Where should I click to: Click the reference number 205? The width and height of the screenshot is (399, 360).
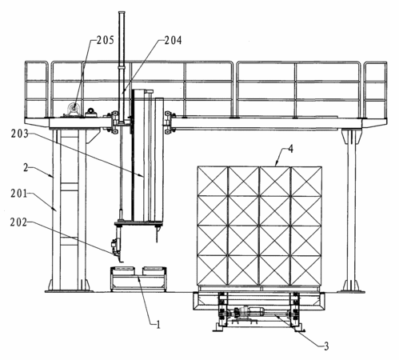click(x=105, y=40)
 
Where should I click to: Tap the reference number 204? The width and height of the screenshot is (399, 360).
click(x=173, y=40)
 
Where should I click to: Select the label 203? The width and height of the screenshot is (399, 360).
click(x=19, y=134)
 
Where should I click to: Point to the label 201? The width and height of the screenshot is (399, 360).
click(x=19, y=194)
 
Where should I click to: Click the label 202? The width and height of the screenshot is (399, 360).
click(x=18, y=222)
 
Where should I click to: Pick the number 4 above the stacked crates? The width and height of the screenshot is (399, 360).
click(x=290, y=149)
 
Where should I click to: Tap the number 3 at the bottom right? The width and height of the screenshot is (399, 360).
click(x=326, y=346)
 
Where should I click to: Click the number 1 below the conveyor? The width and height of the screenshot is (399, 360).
click(x=158, y=325)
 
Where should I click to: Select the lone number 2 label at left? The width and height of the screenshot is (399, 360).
click(x=26, y=168)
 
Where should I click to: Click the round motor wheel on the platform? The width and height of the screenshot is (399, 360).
click(x=74, y=109)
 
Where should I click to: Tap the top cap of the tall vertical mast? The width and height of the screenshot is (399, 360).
click(x=122, y=13)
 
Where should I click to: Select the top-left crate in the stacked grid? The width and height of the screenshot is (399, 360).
click(x=213, y=182)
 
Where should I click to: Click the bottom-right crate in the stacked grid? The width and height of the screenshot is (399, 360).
click(x=306, y=270)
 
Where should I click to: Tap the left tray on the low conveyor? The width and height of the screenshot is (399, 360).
click(x=123, y=270)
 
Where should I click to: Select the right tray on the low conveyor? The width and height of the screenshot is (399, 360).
click(x=153, y=270)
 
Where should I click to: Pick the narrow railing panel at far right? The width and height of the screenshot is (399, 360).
click(x=375, y=90)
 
